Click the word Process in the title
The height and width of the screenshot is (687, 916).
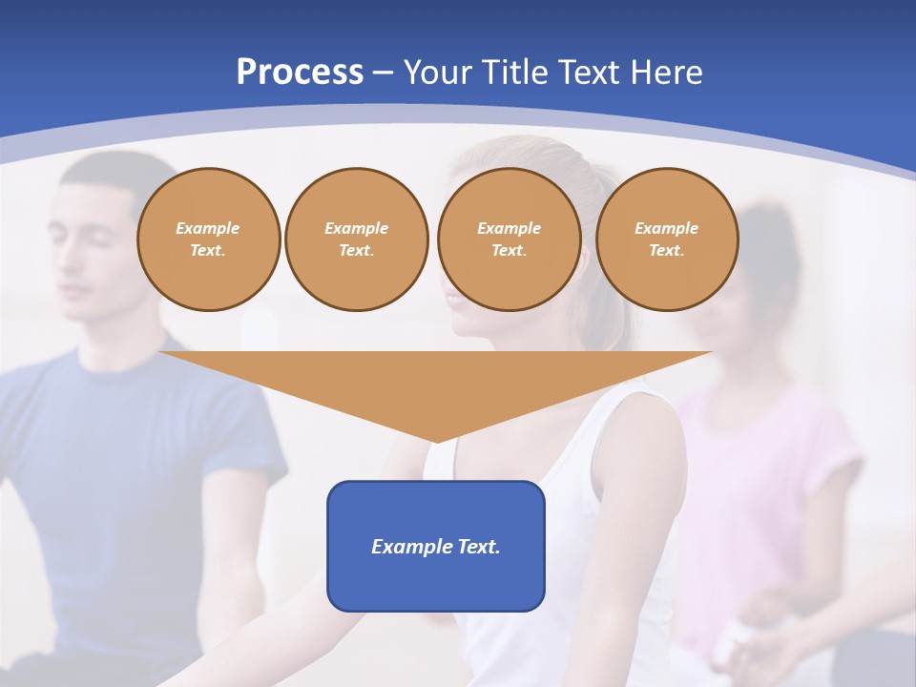pyautogui.click(x=300, y=73)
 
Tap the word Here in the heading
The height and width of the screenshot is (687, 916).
pyautogui.click(x=666, y=73)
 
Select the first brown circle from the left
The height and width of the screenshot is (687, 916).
pyautogui.click(x=208, y=239)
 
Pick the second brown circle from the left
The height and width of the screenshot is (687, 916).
pyautogui.click(x=356, y=239)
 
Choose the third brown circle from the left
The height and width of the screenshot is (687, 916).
pyautogui.click(x=509, y=239)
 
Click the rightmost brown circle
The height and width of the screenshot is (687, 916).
pyautogui.click(x=666, y=239)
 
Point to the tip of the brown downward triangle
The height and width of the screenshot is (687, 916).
pyautogui.click(x=436, y=440)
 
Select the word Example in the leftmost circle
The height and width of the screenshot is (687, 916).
pyautogui.click(x=208, y=228)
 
